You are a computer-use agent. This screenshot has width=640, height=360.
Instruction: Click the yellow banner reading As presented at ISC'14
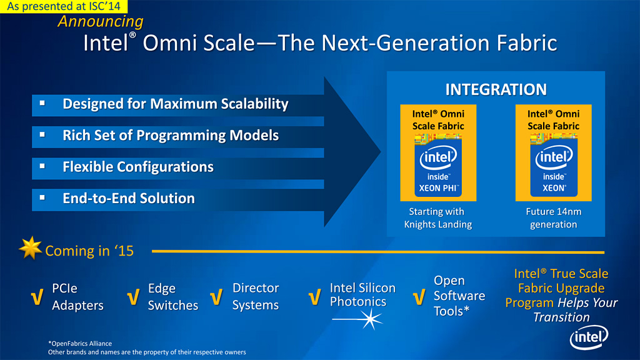(x=64, y=6)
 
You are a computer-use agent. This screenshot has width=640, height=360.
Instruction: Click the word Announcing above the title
(x=101, y=22)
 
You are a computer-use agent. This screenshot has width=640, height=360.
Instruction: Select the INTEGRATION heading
(x=496, y=89)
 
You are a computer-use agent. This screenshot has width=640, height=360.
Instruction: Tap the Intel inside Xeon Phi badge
(x=438, y=165)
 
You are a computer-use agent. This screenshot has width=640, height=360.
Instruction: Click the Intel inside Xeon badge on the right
(x=554, y=165)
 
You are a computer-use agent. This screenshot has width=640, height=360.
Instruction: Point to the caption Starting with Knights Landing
(x=437, y=218)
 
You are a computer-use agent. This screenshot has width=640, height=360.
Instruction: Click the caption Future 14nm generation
(x=554, y=218)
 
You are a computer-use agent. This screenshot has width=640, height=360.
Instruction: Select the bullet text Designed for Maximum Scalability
(x=176, y=104)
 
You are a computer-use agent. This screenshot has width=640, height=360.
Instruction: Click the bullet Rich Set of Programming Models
(x=171, y=136)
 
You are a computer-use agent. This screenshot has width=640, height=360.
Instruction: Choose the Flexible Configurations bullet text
(x=138, y=167)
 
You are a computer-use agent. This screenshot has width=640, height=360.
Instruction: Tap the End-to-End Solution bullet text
(x=129, y=198)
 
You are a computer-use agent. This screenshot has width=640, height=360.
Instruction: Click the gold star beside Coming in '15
(x=30, y=247)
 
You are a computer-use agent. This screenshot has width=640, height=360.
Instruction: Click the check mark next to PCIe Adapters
(x=37, y=297)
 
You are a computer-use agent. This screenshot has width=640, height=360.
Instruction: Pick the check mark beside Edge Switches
(x=133, y=297)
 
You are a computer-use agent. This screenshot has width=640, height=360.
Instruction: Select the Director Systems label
(x=256, y=296)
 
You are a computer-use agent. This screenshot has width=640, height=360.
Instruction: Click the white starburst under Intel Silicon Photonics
(x=370, y=319)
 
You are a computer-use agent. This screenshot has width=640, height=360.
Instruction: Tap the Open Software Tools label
(x=459, y=296)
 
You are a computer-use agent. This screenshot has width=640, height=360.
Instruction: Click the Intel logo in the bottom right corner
(x=589, y=337)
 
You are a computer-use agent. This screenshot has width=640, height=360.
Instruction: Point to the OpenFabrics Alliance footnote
(x=80, y=344)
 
